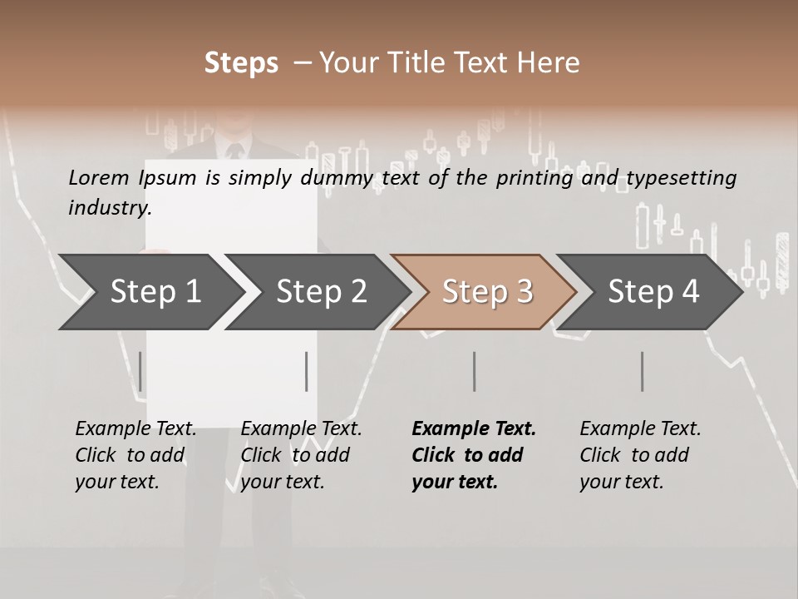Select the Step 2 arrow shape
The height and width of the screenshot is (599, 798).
[x=320, y=292]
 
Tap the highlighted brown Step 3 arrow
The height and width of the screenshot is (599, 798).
[x=486, y=292]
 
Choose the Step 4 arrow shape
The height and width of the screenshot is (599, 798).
[x=653, y=292]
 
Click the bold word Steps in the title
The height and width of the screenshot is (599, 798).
[x=241, y=63]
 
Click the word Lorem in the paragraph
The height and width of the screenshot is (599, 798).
[x=98, y=177]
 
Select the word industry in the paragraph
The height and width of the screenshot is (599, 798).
[x=110, y=207]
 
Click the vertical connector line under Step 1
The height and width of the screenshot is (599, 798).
[x=140, y=371]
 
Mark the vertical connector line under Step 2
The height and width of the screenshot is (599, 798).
[x=307, y=371]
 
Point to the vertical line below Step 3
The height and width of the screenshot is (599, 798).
[x=474, y=371]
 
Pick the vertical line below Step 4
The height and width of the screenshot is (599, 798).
[x=642, y=371]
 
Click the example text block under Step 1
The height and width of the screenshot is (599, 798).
[x=135, y=455]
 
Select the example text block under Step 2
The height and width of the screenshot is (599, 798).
[x=301, y=455]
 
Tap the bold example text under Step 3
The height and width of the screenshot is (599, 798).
[x=474, y=455]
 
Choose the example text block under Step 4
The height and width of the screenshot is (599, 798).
[x=640, y=455]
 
